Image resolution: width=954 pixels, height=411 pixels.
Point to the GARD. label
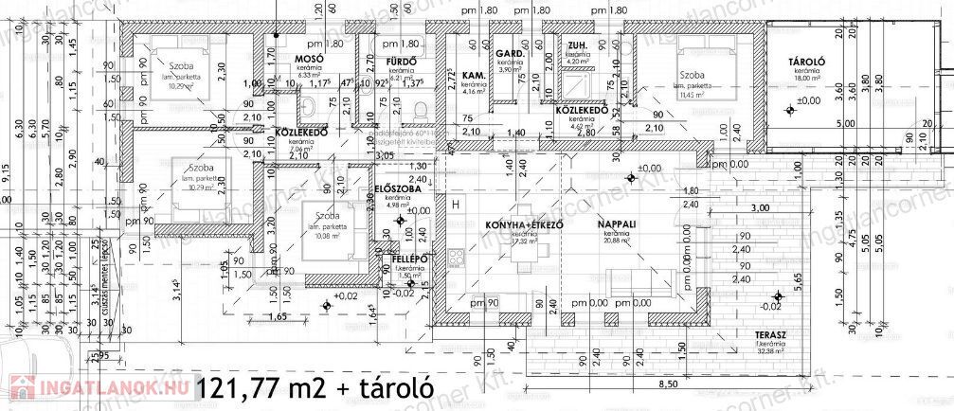click(x=510, y=53)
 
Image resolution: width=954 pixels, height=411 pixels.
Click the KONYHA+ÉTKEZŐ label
click(x=519, y=224)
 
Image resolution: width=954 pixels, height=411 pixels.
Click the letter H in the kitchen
click(x=456, y=205)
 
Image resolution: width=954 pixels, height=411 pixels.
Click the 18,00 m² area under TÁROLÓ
click(x=806, y=80)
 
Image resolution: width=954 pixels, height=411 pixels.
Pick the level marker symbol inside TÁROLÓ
click(x=791, y=111)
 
